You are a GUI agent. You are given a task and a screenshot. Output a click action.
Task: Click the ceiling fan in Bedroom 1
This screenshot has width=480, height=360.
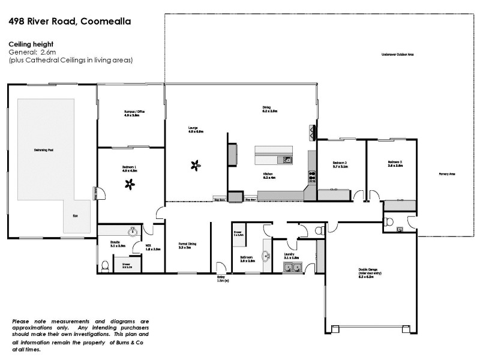(130, 185)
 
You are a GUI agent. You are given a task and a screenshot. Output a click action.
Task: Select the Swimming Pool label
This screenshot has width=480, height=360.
(44, 149)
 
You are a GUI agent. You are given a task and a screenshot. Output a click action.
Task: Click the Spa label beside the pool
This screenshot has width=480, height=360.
(75, 215)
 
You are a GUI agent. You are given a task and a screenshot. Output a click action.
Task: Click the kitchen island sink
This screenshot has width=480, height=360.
(287, 160)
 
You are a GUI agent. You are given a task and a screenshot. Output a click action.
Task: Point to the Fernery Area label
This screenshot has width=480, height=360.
(447, 174)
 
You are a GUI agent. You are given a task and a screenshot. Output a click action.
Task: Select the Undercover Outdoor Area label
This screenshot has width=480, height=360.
(397, 54)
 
